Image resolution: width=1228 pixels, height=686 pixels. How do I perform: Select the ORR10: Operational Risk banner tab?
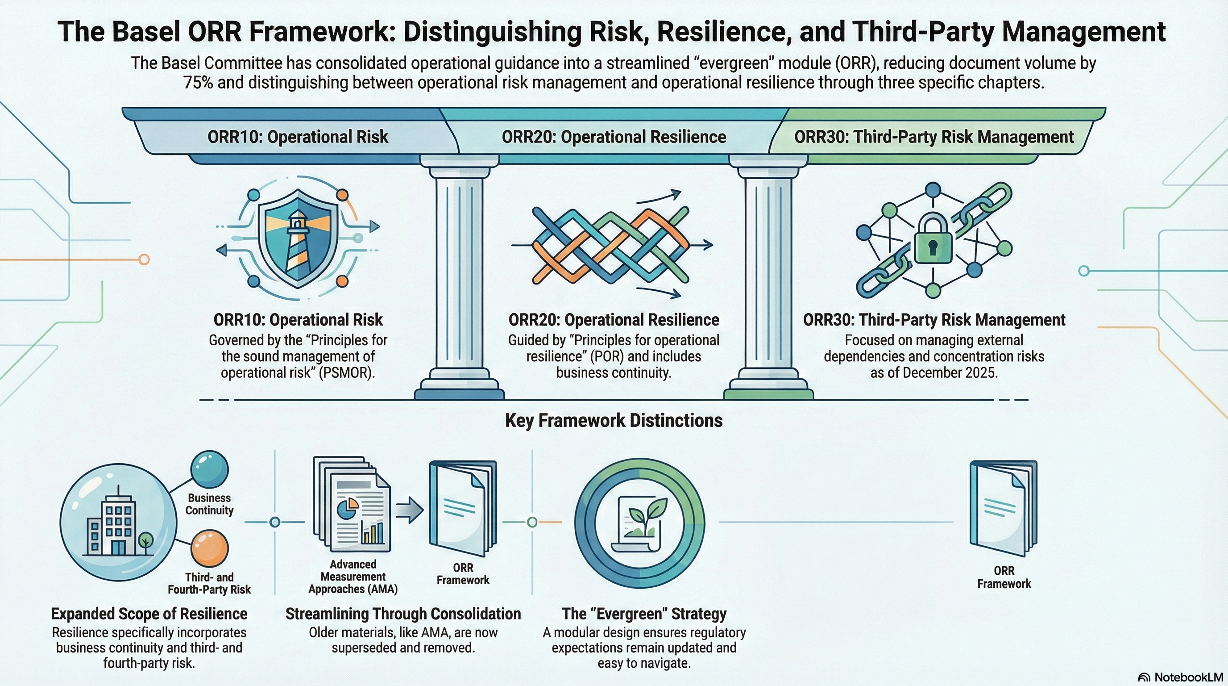point(298,137)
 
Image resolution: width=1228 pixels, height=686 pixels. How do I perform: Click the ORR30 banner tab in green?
point(933,137)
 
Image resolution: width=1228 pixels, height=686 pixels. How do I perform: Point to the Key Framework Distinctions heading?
point(614,420)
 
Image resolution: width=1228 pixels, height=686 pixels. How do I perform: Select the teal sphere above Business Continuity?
point(209,468)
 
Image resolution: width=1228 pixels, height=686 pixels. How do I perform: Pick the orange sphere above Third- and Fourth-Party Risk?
point(209,548)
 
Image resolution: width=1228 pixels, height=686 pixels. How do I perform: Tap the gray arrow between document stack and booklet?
point(410,510)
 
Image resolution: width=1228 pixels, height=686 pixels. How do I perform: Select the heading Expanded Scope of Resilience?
point(149,614)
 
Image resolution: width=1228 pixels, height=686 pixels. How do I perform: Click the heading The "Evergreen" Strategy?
point(644,614)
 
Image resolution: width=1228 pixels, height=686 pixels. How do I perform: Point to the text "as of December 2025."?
point(934,372)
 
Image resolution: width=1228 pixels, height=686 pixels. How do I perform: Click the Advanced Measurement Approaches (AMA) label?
point(353,577)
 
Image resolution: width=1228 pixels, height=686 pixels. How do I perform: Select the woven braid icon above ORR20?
point(611,244)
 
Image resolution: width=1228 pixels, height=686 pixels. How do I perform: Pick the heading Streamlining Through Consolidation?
point(403,614)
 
